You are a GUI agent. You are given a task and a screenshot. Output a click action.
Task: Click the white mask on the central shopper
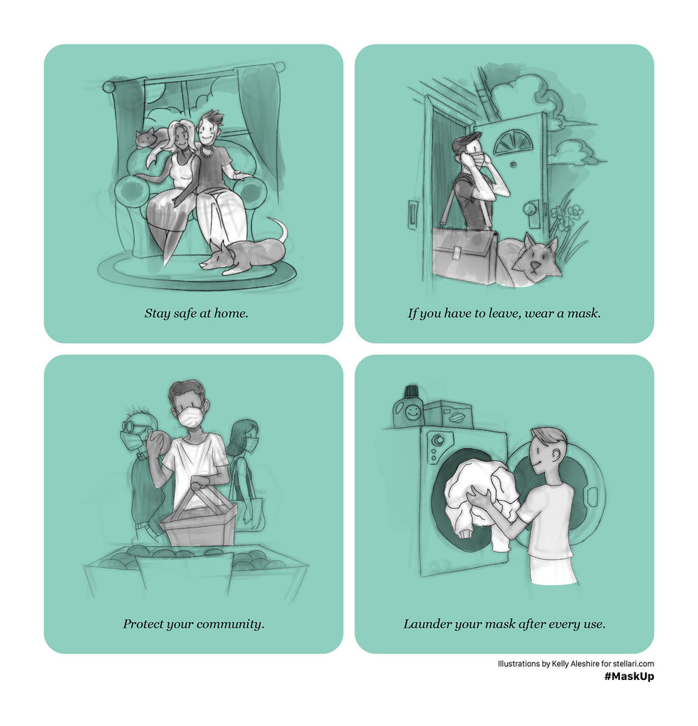coord(192,418)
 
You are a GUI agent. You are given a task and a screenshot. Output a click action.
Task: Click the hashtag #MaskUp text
coord(629,676)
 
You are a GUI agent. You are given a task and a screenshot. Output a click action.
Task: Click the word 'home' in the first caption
coord(231,313)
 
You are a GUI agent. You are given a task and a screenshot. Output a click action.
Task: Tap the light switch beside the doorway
coord(413,214)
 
